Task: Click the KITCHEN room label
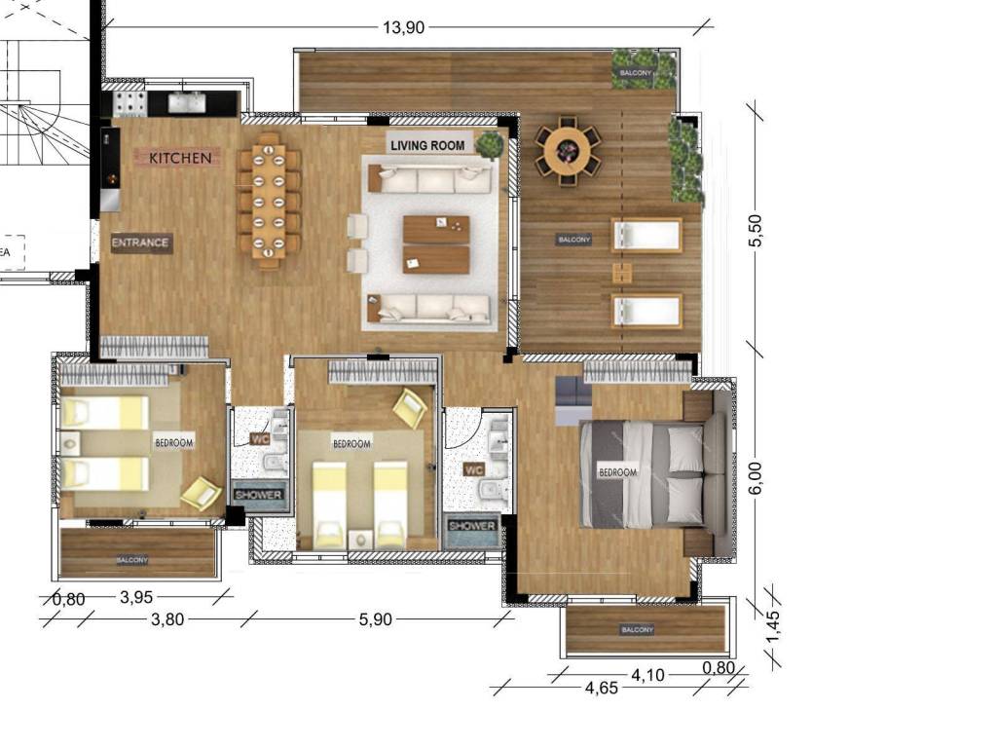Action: [180, 158]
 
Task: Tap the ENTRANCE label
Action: [140, 243]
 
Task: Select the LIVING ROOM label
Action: [427, 145]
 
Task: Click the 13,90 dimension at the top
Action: [403, 27]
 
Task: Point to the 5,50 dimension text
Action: [755, 230]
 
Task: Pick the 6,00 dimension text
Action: [755, 477]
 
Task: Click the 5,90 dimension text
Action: [375, 619]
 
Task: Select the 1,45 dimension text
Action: [772, 626]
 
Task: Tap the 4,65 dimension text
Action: [601, 688]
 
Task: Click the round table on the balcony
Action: [568, 150]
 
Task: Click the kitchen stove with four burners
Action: [129, 103]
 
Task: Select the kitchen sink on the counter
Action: [187, 102]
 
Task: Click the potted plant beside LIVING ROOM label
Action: [489, 144]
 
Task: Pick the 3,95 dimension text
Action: [136, 597]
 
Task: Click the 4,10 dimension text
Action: [647, 675]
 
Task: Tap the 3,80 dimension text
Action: [167, 619]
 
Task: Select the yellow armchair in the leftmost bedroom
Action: [201, 493]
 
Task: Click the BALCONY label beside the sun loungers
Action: [574, 240]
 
